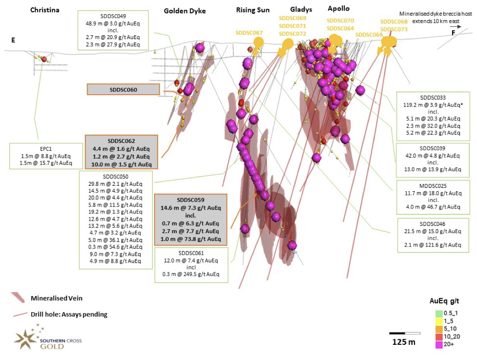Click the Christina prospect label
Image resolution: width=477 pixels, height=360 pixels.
pos(45,10)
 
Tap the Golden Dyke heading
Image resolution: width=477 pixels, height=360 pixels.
pos(184,11)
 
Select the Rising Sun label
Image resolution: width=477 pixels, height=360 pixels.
pos(253,10)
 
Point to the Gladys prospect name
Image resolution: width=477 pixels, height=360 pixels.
pos(301,10)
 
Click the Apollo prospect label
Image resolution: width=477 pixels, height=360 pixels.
pos(339,9)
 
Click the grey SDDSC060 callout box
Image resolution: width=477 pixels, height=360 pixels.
pos(123,89)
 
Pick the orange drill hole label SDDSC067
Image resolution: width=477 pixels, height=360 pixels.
pos(249,33)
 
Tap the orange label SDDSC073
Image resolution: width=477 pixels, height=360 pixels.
pos(394,29)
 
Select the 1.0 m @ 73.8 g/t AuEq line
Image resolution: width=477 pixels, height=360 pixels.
pos(191,239)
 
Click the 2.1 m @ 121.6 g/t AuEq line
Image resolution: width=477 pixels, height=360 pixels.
pos(433,245)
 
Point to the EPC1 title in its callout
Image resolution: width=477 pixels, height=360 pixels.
pos(46,149)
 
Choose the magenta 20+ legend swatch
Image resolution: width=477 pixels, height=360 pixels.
pos(439,344)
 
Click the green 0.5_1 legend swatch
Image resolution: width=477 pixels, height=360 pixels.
pos(439,314)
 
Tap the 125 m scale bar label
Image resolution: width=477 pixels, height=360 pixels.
pos(404,342)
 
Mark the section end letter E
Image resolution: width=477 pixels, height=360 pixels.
pos(13,40)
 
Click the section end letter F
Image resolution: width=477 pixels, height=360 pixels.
pos(453,33)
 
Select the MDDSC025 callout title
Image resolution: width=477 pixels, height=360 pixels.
pos(433,186)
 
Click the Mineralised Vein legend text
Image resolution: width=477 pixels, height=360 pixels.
pos(57,298)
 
